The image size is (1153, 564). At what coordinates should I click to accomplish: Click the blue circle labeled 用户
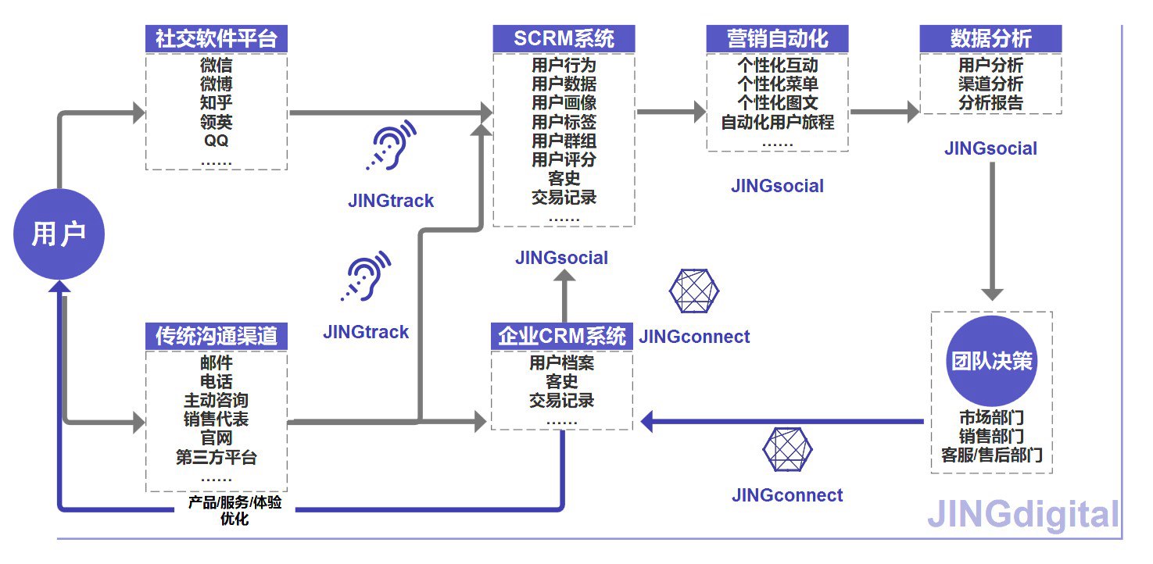click(x=59, y=234)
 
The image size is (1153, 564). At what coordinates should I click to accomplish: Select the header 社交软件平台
click(x=217, y=39)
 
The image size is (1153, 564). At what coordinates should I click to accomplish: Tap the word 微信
click(x=217, y=66)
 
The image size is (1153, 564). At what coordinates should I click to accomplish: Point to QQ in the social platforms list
click(x=217, y=141)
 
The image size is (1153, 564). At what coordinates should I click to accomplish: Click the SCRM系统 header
click(x=564, y=39)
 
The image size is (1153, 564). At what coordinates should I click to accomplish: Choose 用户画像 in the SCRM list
click(x=564, y=102)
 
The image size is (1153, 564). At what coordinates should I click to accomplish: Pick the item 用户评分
click(x=564, y=160)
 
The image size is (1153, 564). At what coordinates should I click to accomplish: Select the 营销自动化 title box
click(x=777, y=39)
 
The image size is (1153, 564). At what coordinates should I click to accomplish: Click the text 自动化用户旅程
click(x=777, y=123)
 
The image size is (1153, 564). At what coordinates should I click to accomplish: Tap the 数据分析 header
click(x=990, y=39)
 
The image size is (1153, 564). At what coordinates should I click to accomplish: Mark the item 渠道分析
click(x=990, y=84)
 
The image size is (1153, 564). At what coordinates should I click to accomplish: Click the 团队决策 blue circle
click(x=991, y=362)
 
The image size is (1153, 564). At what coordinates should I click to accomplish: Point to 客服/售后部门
click(x=991, y=455)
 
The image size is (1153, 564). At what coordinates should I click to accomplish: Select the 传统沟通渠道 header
click(x=217, y=336)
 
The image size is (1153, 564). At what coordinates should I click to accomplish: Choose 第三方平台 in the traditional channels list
click(x=217, y=458)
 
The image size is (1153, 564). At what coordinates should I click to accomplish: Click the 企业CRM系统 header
click(x=562, y=337)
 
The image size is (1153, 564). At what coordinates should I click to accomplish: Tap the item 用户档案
click(x=562, y=363)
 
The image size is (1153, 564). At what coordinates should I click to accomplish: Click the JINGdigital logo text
click(x=1023, y=516)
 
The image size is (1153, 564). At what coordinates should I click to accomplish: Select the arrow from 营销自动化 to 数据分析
click(x=884, y=112)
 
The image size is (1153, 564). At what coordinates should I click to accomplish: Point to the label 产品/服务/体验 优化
click(x=235, y=510)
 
